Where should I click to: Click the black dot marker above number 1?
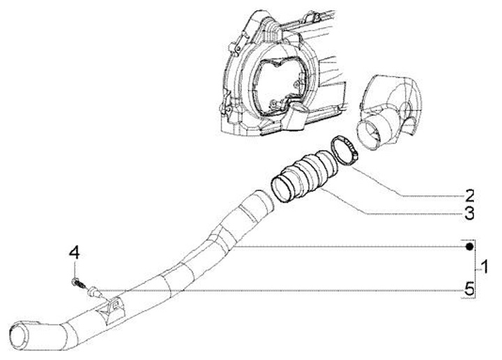tap(469, 246)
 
